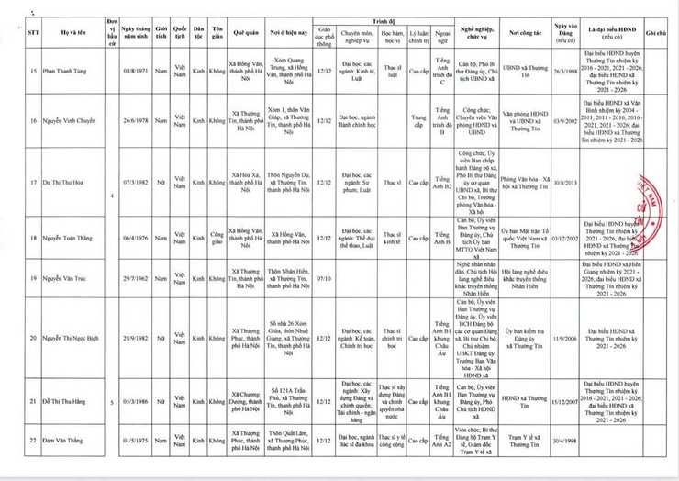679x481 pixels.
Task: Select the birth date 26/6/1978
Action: [x=132, y=120]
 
